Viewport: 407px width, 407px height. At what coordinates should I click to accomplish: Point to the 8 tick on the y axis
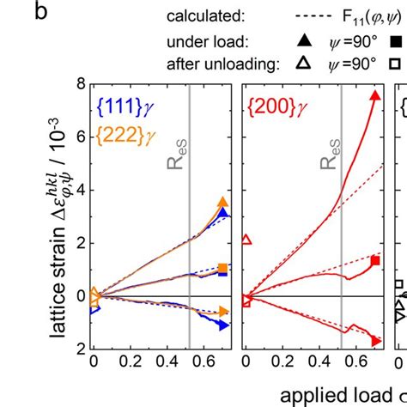click(x=79, y=84)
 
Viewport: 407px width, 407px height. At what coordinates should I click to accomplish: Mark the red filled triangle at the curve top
click(x=374, y=95)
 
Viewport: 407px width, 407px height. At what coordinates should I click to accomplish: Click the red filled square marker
click(x=374, y=259)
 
